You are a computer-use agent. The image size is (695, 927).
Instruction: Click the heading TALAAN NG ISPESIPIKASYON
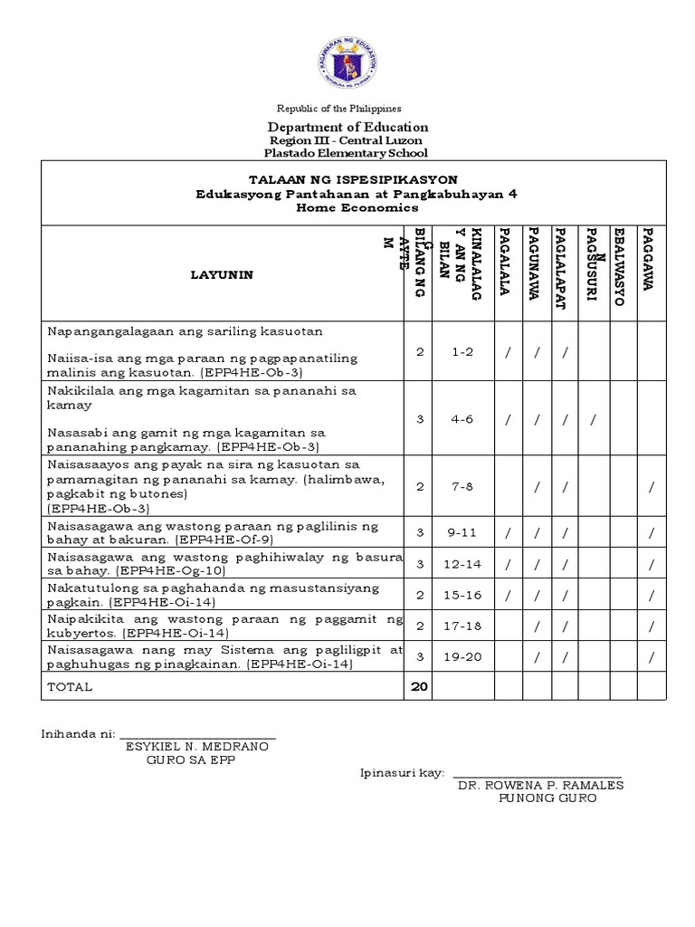tap(353, 179)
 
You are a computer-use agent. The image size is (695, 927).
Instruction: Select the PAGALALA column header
tap(507, 270)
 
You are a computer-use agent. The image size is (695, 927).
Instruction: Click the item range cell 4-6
tap(462, 419)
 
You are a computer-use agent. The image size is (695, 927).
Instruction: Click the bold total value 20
tap(418, 686)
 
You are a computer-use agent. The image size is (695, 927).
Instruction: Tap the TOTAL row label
tap(70, 687)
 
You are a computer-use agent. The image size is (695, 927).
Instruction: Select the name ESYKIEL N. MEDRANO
tap(200, 747)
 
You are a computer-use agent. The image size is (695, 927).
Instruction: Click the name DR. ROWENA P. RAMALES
tap(541, 786)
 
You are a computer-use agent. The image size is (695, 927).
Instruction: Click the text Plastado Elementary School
tap(347, 154)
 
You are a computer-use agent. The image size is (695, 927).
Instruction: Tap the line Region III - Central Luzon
tap(347, 141)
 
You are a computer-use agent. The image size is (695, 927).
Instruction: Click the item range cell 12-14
tap(462, 564)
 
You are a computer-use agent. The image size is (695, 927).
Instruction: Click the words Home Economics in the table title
tap(353, 207)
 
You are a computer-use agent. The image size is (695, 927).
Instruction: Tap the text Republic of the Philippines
tap(347, 108)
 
